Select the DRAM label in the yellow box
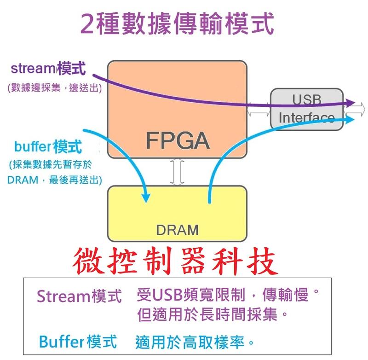(x=177, y=229)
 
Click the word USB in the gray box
(x=307, y=99)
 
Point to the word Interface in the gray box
(x=307, y=117)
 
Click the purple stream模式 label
(x=48, y=69)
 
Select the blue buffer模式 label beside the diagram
(x=48, y=147)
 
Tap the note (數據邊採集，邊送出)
(x=54, y=87)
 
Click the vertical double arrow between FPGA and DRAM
(x=177, y=172)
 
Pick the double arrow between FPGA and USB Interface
(x=259, y=110)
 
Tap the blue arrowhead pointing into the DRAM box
(x=146, y=198)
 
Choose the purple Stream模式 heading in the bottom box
(x=80, y=296)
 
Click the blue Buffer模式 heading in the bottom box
(x=78, y=342)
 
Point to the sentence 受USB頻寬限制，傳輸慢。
(x=228, y=295)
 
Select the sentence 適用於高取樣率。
(x=195, y=342)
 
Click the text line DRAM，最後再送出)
(x=55, y=180)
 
